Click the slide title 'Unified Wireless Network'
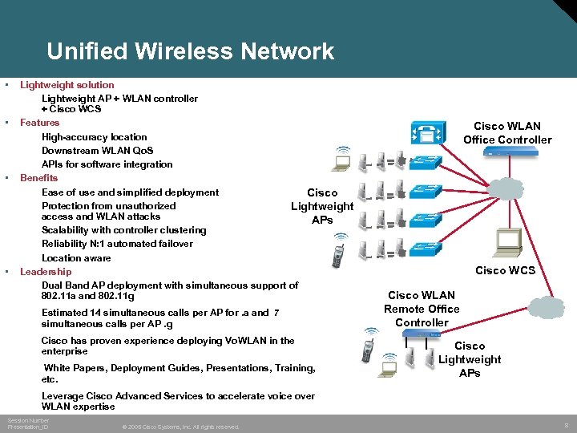(190, 51)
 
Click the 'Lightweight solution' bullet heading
(67, 85)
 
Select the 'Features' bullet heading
(40, 123)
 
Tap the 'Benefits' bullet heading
(39, 178)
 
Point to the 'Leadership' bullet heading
(46, 272)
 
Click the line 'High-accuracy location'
(95, 137)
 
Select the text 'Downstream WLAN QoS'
(97, 151)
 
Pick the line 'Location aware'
(76, 258)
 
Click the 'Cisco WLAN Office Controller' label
(507, 133)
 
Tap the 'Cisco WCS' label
(505, 270)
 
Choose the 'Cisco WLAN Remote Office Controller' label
(422, 309)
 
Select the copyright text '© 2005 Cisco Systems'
(181, 427)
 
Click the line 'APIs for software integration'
(107, 164)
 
